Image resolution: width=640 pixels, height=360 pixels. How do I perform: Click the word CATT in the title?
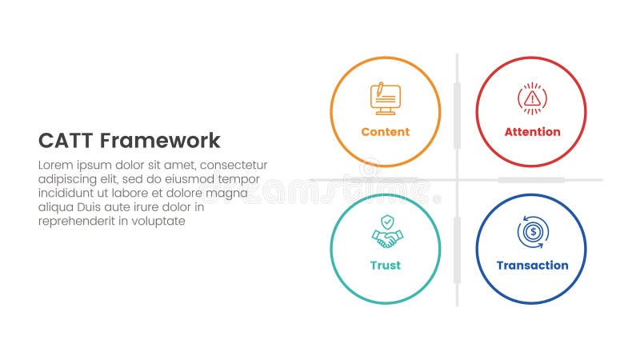tap(66, 141)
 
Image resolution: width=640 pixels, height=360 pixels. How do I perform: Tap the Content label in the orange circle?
tap(385, 132)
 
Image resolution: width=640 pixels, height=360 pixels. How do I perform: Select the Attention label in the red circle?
tap(532, 132)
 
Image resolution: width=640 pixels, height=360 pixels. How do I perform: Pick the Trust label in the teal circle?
tap(385, 266)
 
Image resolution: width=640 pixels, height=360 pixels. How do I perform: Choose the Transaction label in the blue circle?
tap(532, 266)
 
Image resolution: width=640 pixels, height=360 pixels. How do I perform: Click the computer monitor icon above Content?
tap(385, 98)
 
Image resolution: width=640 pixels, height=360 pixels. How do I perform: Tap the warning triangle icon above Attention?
tap(532, 98)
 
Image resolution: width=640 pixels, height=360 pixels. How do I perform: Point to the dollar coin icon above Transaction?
tap(532, 232)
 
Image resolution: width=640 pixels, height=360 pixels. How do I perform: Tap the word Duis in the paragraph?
tap(92, 207)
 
